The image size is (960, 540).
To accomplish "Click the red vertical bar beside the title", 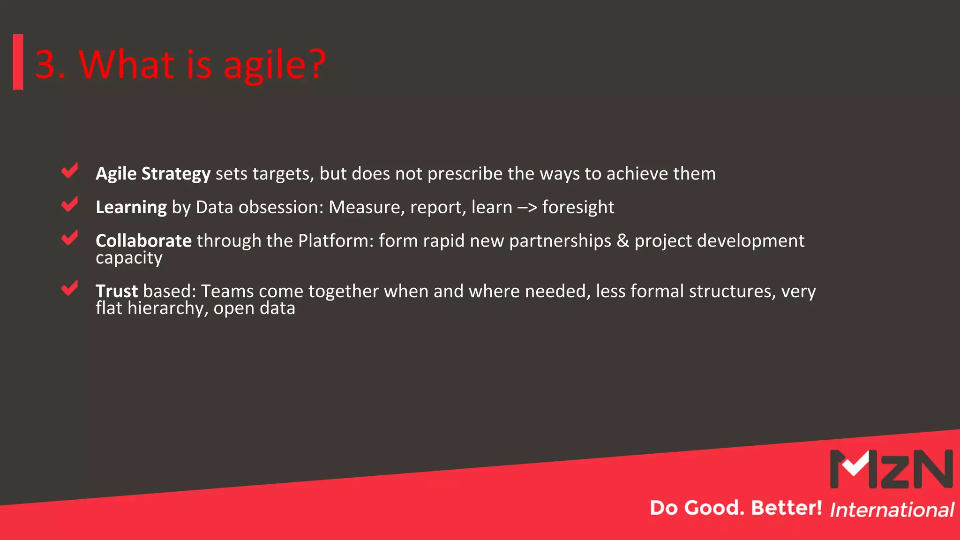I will (x=18, y=62).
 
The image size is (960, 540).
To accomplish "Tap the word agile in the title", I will (x=264, y=66).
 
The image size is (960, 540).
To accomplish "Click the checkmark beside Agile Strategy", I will (x=69, y=171).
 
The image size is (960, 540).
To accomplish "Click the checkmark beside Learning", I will (x=69, y=204).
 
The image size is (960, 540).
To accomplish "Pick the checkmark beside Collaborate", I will (x=69, y=238).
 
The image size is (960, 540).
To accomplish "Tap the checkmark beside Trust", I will (x=69, y=288).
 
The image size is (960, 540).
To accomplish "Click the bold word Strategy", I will (x=176, y=174).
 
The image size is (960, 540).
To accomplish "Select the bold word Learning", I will (x=131, y=207).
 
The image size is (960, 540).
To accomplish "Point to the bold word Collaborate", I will (x=143, y=241).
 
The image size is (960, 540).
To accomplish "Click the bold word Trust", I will (x=117, y=291).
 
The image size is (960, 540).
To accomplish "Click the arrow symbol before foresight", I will (x=527, y=208).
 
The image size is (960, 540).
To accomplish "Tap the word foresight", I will (x=577, y=207).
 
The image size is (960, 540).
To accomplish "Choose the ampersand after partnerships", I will (x=623, y=241).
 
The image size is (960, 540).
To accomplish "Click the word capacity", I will (x=129, y=258).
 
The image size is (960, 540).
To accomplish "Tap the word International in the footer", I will (x=892, y=510).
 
